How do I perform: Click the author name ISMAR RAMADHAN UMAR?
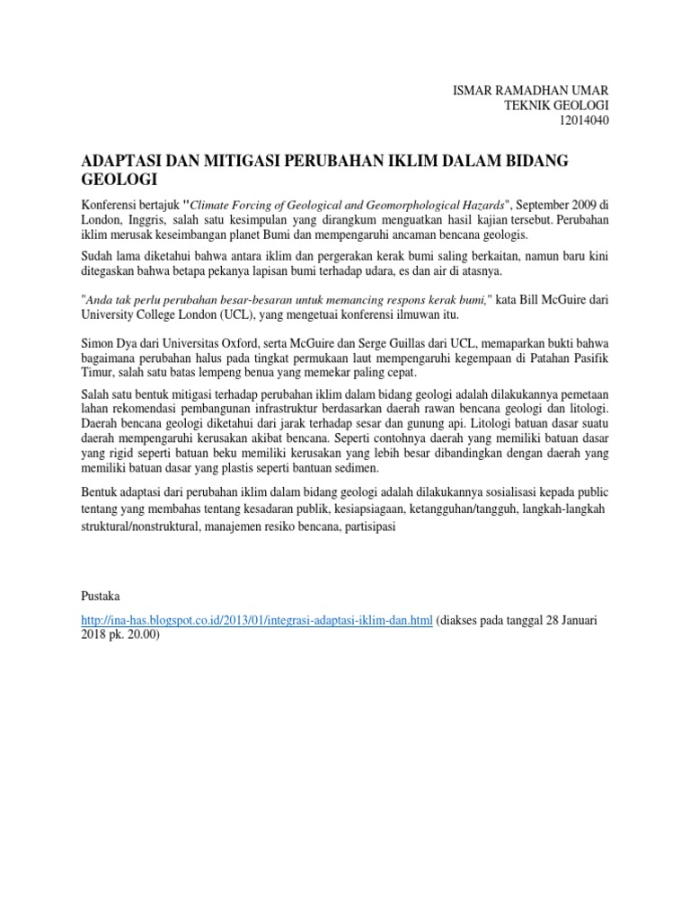[531, 91]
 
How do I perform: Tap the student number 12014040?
[584, 121]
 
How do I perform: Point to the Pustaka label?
[101, 596]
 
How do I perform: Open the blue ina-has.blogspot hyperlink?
[257, 621]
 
